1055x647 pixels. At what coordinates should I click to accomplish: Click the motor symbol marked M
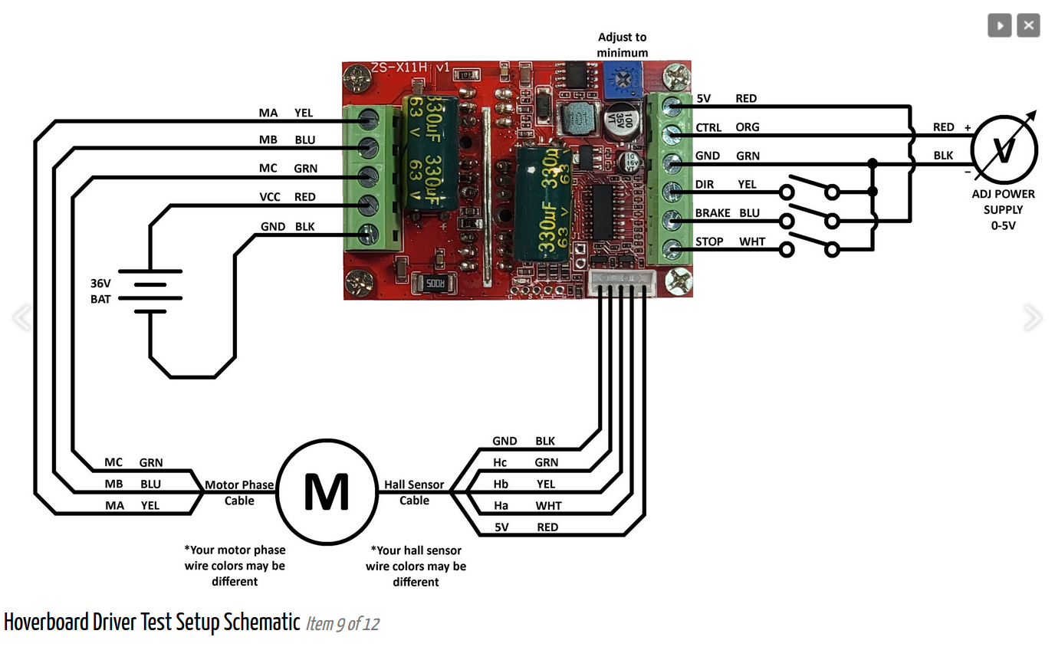(x=327, y=491)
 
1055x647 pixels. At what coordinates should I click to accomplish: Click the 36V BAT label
(x=100, y=291)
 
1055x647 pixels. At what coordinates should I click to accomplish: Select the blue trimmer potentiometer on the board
(x=620, y=80)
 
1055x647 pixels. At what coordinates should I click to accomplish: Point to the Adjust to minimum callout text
(x=623, y=45)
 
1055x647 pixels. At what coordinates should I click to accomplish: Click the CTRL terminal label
(x=708, y=127)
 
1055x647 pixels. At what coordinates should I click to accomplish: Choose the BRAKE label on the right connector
(x=713, y=213)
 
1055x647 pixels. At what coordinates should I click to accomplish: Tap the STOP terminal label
(x=709, y=241)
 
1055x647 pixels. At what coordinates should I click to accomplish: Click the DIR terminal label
(x=705, y=184)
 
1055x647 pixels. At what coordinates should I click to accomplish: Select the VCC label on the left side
(x=270, y=197)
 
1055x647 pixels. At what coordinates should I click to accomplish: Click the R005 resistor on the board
(x=433, y=284)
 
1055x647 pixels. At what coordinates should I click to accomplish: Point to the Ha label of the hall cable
(x=501, y=505)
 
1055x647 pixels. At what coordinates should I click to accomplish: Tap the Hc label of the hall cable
(x=500, y=462)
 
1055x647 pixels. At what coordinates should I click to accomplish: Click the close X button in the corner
(x=1028, y=25)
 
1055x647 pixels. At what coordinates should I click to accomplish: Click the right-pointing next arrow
(x=1032, y=317)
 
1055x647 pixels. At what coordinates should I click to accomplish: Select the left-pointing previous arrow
(x=22, y=317)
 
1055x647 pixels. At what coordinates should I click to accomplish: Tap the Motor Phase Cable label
(x=239, y=492)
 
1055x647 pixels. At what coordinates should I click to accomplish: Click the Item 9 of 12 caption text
(x=343, y=624)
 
